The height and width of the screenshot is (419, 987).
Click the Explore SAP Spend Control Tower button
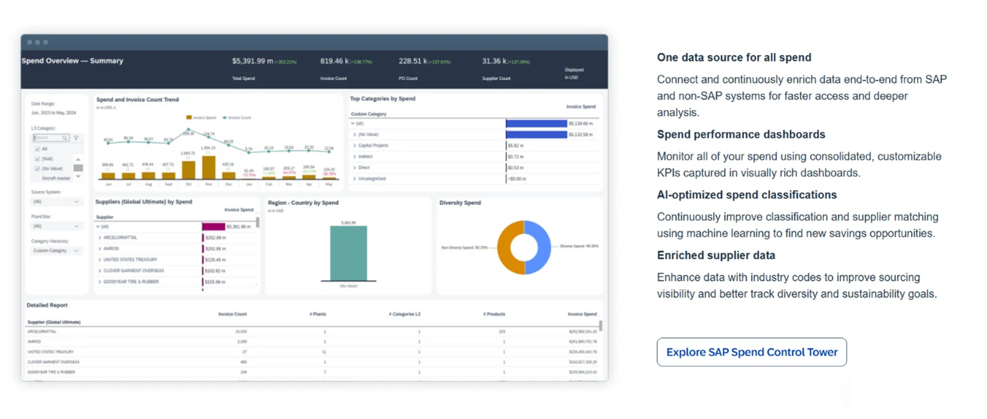(751, 352)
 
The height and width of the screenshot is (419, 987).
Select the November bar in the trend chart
(208, 168)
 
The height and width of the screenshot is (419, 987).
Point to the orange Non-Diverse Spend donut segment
(509, 247)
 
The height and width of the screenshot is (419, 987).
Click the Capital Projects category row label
(373, 146)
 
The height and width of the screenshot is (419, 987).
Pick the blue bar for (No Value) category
(536, 135)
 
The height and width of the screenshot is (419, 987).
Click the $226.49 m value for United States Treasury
(216, 260)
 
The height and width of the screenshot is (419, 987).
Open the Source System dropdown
(57, 202)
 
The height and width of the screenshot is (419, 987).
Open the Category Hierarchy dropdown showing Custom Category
(57, 251)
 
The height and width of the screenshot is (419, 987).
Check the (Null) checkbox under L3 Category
(37, 159)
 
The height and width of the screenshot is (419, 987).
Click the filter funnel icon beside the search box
(76, 138)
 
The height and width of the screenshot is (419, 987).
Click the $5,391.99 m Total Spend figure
(252, 61)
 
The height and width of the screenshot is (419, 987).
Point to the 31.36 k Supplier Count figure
(495, 61)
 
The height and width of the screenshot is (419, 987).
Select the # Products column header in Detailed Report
(494, 314)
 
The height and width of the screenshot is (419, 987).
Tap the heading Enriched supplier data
(716, 255)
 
